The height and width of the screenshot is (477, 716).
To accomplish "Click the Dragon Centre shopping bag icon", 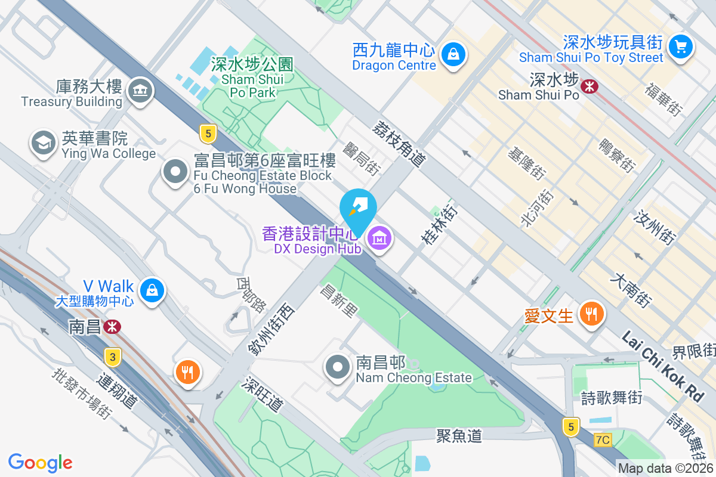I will coord(453,55).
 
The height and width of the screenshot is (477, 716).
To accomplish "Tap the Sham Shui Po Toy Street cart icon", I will coord(680,46).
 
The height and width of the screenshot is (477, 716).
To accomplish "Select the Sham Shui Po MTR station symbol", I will coord(590,87).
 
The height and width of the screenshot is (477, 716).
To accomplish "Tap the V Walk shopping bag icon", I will coord(152,290).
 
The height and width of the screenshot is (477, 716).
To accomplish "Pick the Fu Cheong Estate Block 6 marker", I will coord(175,172).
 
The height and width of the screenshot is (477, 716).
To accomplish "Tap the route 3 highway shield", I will coord(112,357).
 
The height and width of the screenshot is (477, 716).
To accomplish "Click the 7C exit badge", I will coord(603,440).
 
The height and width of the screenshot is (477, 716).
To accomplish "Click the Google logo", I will coord(41,462).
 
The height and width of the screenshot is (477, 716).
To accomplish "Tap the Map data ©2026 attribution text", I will coord(665,468).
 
